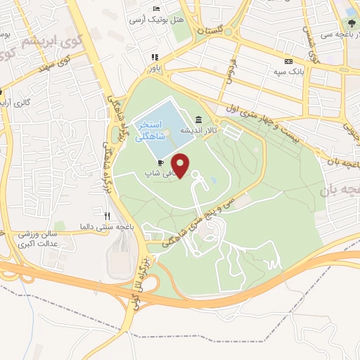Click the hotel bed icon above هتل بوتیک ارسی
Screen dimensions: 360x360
click(x=155, y=8)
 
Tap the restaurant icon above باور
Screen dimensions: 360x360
click(x=153, y=58)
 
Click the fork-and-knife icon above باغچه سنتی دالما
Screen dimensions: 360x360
click(x=107, y=216)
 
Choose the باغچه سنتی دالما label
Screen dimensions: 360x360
click(x=107, y=226)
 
